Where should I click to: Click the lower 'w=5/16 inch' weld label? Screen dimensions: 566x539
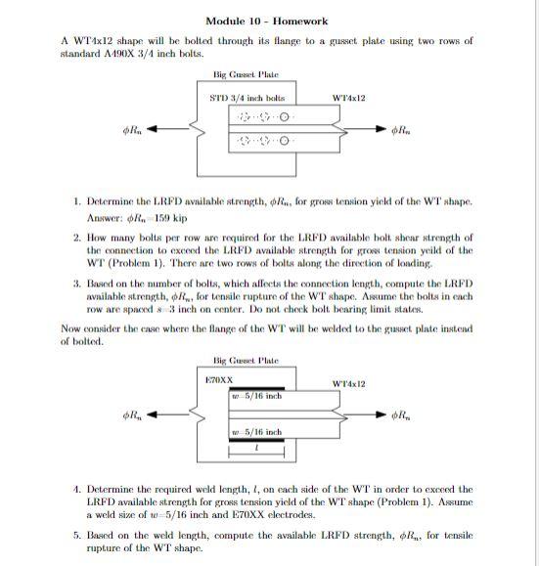256,431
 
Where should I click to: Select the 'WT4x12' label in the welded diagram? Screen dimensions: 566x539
349,383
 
